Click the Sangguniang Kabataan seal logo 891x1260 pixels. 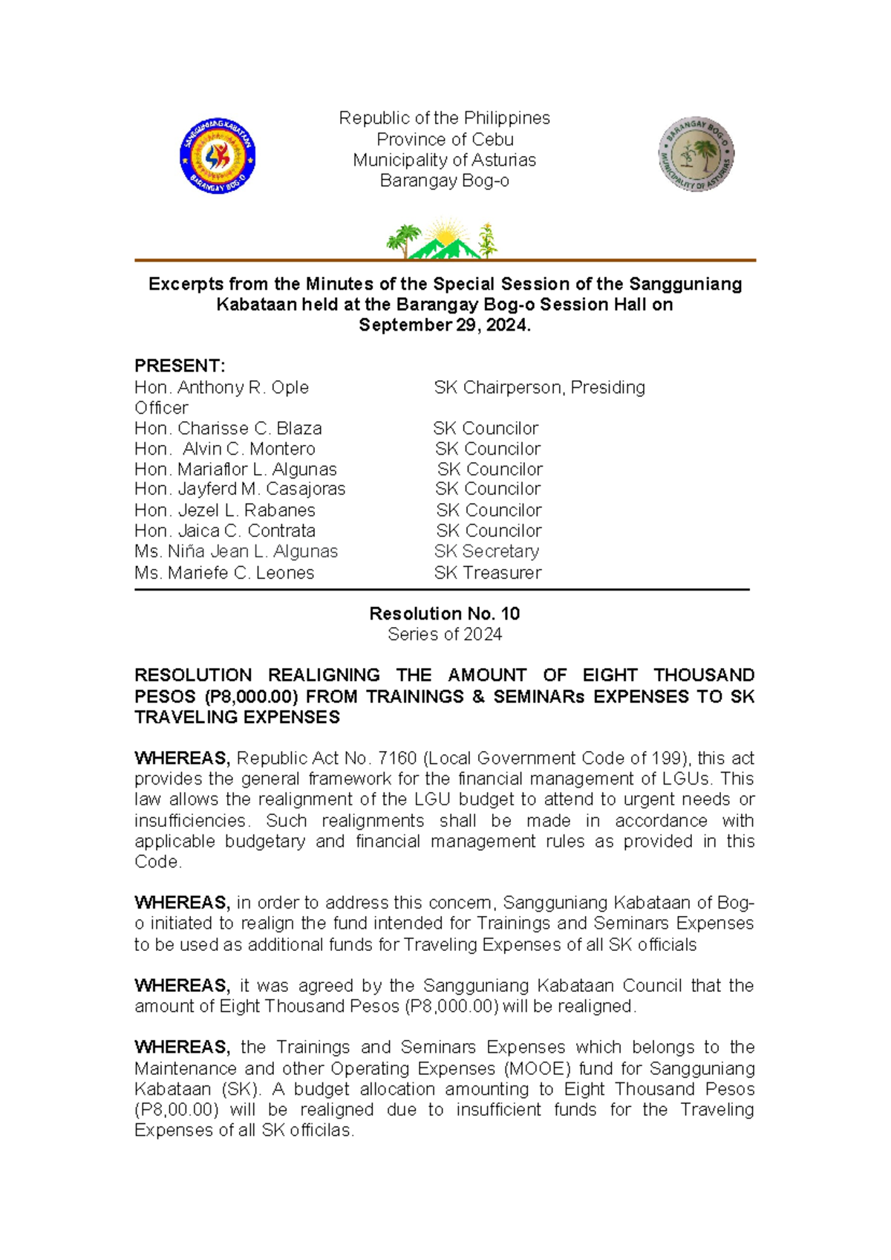218,156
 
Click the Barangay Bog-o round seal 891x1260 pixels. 696,155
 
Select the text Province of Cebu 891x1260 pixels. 444,139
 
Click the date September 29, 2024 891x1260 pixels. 444,325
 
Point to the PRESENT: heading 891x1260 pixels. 179,366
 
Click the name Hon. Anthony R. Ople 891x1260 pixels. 221,387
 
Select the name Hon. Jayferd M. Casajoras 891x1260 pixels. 240,489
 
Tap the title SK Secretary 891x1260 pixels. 486,551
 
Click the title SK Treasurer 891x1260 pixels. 487,573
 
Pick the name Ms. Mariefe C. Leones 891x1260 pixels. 224,573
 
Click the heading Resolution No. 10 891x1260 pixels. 444,614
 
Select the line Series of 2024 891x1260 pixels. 444,634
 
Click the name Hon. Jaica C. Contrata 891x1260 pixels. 224,530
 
